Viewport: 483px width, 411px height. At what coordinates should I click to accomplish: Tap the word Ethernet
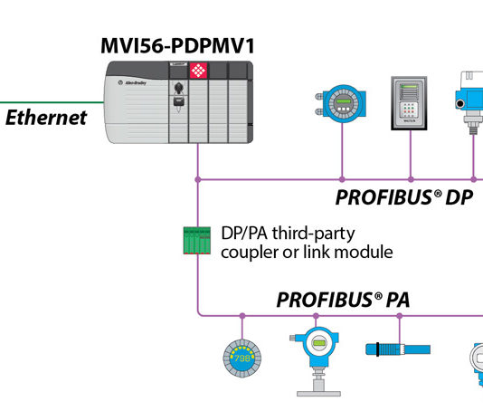(47, 117)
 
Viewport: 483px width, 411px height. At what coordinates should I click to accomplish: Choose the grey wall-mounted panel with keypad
(410, 108)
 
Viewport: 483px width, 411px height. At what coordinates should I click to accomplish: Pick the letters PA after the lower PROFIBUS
(396, 300)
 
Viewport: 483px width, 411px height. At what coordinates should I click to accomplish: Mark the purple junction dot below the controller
(198, 179)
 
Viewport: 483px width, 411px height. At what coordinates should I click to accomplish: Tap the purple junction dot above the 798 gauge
(241, 316)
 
